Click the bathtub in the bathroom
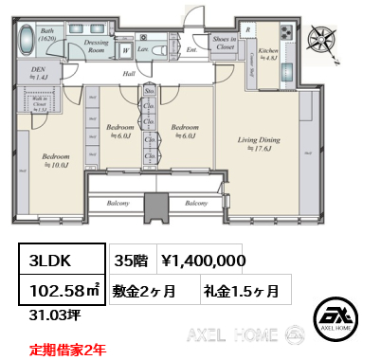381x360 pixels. point(26,41)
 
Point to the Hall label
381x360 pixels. point(128,73)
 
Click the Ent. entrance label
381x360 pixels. point(190,50)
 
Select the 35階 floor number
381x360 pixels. point(130,260)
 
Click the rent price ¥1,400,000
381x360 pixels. point(205,260)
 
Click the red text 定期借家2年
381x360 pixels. point(67,349)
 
